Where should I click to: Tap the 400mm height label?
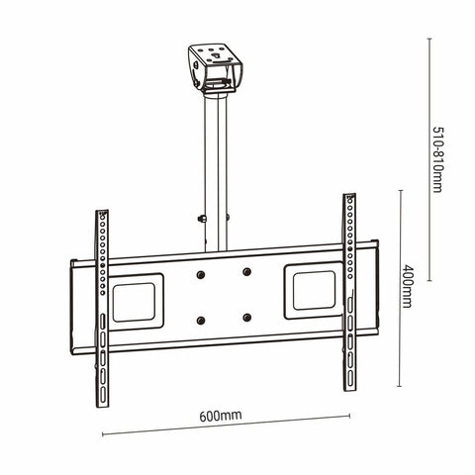coord(406,286)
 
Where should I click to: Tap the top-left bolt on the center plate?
coord(201,273)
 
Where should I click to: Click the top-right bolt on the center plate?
coord(246,271)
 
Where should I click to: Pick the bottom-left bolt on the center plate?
coord(201,320)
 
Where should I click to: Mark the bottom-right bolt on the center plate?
coord(246,318)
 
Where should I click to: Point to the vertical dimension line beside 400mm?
coord(399,286)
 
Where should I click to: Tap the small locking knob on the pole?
coord(201,220)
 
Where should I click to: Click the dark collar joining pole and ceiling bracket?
coord(217,95)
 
